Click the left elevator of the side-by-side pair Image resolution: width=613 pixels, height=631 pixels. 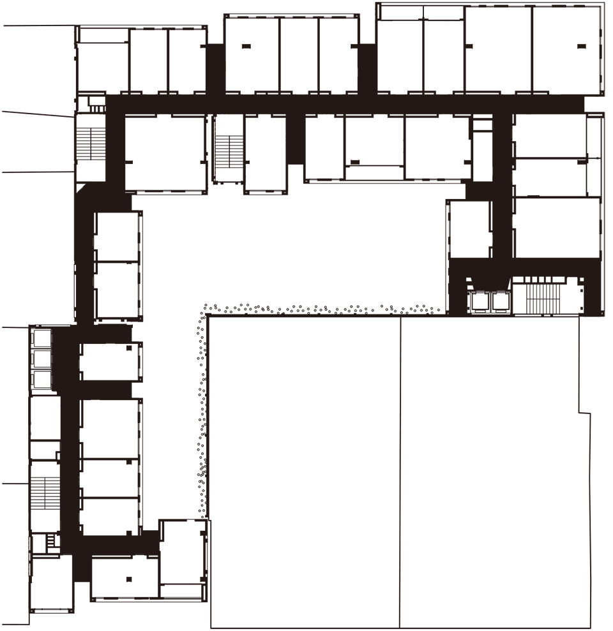tap(479, 301)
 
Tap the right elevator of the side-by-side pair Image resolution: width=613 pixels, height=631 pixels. tap(500, 301)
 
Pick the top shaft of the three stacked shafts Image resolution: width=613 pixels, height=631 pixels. tap(42, 339)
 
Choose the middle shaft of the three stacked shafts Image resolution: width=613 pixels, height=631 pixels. tap(42, 360)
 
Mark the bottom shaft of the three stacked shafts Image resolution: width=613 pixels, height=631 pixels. tap(42, 380)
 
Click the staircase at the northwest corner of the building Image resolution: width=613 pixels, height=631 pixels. tap(91, 144)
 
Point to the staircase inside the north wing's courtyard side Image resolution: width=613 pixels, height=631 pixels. tap(228, 149)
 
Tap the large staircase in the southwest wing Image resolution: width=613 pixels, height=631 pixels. tap(45, 494)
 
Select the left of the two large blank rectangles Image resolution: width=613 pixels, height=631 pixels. tap(305, 472)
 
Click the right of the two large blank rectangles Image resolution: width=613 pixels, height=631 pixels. tap(495, 472)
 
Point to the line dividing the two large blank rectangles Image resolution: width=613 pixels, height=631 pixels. tap(400, 472)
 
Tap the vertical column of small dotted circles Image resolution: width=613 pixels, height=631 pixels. tap(202, 415)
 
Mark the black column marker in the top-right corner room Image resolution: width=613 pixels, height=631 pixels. tap(580, 46)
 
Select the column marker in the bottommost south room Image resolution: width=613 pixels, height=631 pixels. tap(129, 579)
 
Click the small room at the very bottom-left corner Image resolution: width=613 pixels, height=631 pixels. tap(51, 584)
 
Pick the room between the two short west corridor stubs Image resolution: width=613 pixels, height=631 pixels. tap(110, 361)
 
